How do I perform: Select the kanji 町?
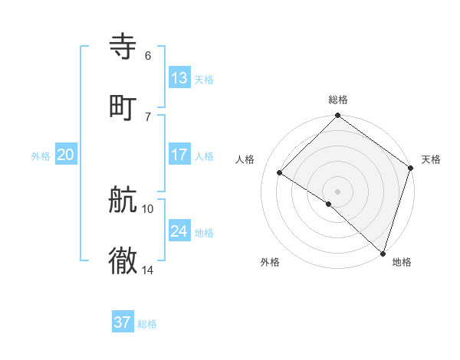tap(123, 106)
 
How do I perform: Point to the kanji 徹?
tap(123, 261)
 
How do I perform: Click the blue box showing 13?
tap(179, 77)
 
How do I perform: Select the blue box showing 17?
tap(179, 154)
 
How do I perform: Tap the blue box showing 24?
tap(179, 231)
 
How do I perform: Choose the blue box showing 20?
tap(65, 155)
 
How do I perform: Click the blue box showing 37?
tap(122, 322)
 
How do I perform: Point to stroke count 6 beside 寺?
tap(147, 56)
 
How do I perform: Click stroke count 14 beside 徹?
tap(148, 270)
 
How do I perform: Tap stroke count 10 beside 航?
tap(148, 208)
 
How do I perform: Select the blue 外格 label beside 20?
tap(41, 156)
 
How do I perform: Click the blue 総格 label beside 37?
tap(147, 324)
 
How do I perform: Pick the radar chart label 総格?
tap(338, 100)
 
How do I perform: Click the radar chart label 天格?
tap(431, 159)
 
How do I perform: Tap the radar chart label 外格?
tap(270, 262)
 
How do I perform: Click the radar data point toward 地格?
tap(383, 253)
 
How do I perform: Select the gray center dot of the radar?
tap(338, 191)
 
